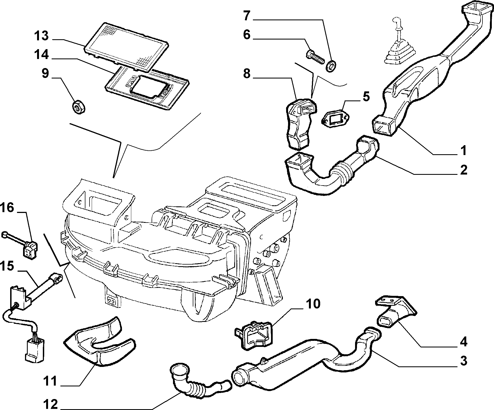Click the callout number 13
41,36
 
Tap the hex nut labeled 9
79,107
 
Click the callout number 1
464,150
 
